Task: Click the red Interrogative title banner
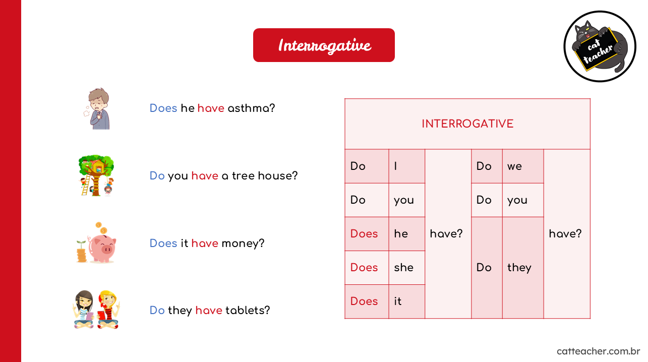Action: click(324, 45)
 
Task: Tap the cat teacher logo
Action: click(600, 46)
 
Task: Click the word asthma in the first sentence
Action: click(251, 108)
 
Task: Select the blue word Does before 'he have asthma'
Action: click(163, 108)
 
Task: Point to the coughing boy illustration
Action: click(97, 109)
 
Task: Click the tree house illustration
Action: click(96, 175)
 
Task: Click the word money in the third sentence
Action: click(243, 244)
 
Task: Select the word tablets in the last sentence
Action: click(247, 311)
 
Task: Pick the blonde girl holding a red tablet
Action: click(108, 310)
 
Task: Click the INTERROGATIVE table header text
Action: click(467, 124)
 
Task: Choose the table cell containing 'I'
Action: click(407, 166)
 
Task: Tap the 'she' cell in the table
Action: click(407, 268)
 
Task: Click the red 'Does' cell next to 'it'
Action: click(367, 301)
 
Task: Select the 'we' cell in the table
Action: click(523, 166)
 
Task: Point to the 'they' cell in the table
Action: click(523, 268)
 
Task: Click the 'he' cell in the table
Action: click(407, 234)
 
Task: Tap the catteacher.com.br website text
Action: click(598, 351)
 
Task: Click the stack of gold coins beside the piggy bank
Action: click(81, 254)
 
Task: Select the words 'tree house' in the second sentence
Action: click(265, 176)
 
